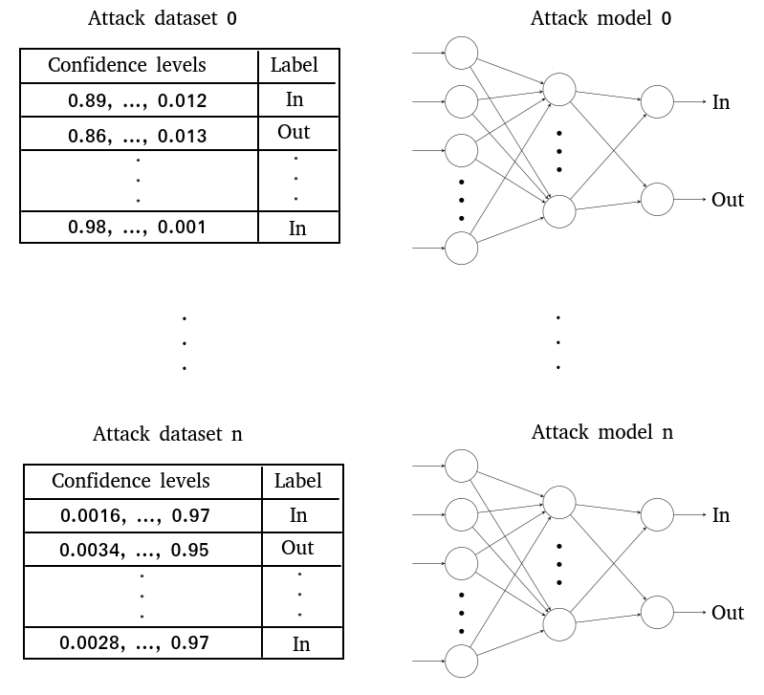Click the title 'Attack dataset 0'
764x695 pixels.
162,19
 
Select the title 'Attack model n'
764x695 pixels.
601,432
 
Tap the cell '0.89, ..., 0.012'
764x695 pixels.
138,100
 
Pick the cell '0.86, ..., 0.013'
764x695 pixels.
138,136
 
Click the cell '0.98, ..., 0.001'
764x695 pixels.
138,228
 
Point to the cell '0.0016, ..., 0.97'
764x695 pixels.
135,516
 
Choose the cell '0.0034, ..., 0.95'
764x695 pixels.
135,551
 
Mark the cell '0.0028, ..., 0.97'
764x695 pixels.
135,642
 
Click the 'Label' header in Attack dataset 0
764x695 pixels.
295,66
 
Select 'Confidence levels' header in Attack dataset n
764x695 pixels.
131,480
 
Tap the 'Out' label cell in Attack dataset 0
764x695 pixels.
295,132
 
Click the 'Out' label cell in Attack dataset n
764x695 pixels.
297,548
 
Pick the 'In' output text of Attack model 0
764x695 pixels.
721,101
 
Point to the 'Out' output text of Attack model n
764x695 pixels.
728,613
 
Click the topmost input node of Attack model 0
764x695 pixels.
461,53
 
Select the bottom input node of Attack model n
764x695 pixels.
462,662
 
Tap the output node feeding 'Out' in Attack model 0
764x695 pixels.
657,200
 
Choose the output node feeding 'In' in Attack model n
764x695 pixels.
657,514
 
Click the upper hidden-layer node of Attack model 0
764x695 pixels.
559,90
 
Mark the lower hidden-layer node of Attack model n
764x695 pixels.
559,623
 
